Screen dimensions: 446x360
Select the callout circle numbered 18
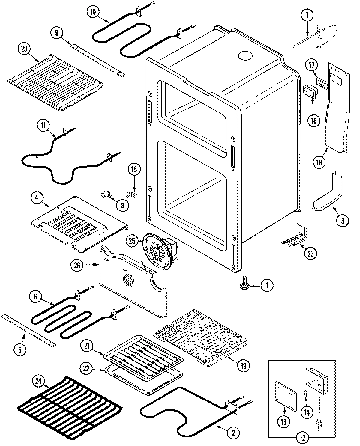(319, 162)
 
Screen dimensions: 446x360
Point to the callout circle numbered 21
(87, 346)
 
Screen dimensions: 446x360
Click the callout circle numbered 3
(342, 221)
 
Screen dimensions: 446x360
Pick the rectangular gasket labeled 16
(309, 91)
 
